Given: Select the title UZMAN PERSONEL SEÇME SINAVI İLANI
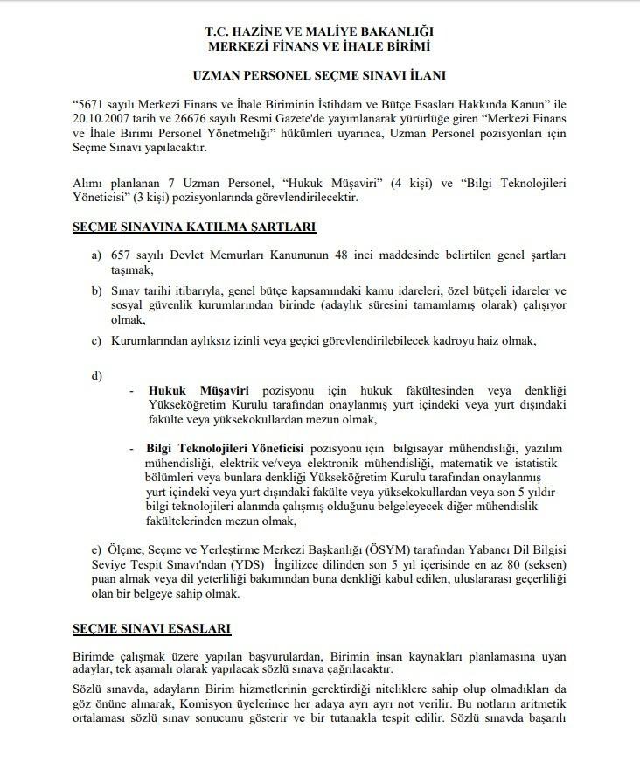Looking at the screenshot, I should click(319, 77).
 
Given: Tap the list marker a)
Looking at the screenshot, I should click(96, 255).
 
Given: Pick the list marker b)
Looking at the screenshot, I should click(96, 290).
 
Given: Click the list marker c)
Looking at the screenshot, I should click(96, 339).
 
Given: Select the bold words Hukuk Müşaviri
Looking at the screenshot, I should click(199, 389).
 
